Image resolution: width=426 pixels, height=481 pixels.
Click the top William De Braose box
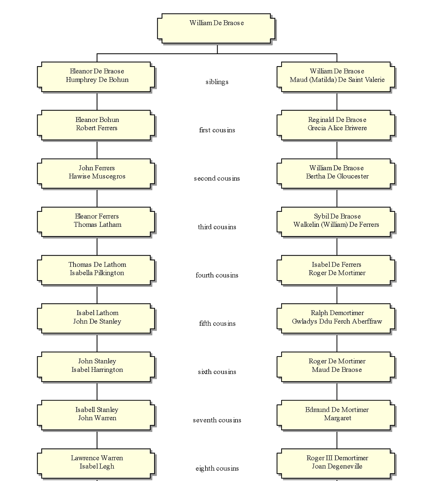tap(217, 29)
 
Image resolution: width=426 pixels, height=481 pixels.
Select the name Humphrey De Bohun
tap(97, 80)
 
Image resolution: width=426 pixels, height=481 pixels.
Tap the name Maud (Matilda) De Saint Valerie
tap(337, 80)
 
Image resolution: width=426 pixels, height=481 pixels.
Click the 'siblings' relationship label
tap(217, 82)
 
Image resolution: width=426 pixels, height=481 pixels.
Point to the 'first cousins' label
tap(217, 130)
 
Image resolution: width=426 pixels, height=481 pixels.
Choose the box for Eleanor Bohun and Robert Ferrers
tap(97, 125)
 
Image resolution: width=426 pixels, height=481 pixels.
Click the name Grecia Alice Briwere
tap(337, 128)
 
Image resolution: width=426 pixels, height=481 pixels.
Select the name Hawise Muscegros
tap(97, 177)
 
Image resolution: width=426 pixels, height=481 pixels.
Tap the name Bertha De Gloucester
tap(337, 177)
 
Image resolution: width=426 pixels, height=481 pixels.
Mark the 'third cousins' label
tap(217, 227)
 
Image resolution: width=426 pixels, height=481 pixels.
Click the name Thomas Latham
tap(97, 225)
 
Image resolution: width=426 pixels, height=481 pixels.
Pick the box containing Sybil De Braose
tap(336, 221)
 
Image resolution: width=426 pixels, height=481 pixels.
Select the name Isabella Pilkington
tap(97, 273)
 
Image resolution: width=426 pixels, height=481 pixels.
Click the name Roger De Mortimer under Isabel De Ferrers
tap(337, 273)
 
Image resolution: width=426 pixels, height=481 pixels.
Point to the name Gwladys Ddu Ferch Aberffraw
tap(337, 322)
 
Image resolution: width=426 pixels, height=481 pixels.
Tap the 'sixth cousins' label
tap(217, 372)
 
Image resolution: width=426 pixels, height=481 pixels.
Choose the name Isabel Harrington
tap(97, 370)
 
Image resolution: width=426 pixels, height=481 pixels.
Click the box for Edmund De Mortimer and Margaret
tap(336, 415)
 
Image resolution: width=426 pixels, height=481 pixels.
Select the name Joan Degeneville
tap(337, 467)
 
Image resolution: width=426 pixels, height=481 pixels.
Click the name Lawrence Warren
tap(97, 458)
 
